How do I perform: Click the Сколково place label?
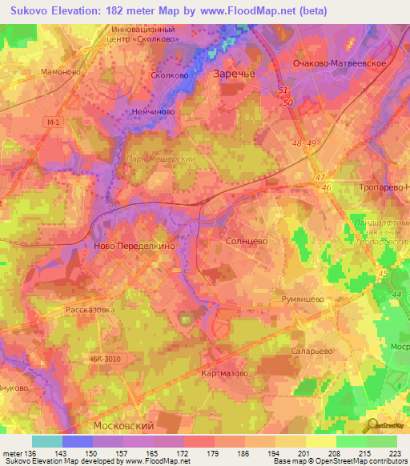[x=169, y=75]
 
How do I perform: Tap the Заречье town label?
[x=232, y=74]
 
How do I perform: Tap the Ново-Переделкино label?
[x=134, y=247]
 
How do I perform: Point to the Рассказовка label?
[x=90, y=309]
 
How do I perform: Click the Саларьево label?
[x=312, y=351]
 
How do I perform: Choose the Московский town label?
[x=123, y=425]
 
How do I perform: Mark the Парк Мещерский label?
[x=161, y=159]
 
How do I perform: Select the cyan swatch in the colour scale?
[x=47, y=441]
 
